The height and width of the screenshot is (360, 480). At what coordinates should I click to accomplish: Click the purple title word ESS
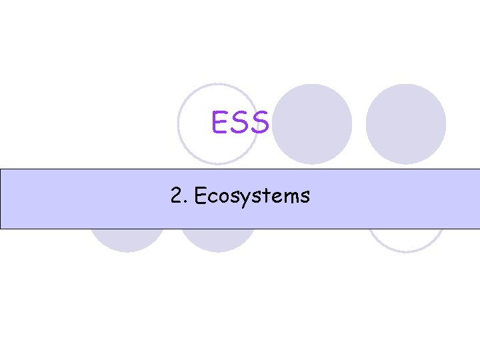coord(240,122)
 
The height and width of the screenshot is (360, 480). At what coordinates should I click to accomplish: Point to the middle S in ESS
coord(241,122)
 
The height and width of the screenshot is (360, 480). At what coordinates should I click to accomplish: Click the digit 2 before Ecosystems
coord(177,195)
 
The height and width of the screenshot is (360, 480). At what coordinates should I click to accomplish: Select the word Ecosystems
coord(250,196)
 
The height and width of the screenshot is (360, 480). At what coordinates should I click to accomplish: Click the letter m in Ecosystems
coord(290,197)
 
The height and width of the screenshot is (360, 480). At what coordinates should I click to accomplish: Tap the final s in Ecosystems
coord(304,197)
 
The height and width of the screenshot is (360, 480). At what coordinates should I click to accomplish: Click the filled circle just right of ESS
coord(313,124)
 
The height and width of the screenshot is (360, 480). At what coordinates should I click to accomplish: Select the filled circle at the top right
coord(405,124)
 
